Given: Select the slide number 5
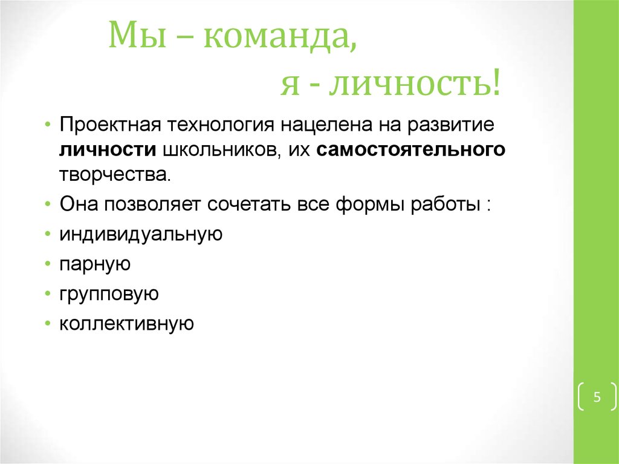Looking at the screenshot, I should tap(597, 397).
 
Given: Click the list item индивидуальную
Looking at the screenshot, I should tap(141, 234).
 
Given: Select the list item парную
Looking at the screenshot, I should tap(95, 264).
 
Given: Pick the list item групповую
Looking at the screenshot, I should tap(109, 295).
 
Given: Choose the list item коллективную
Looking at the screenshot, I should tap(126, 324).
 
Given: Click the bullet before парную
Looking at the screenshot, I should tap(48, 264).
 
